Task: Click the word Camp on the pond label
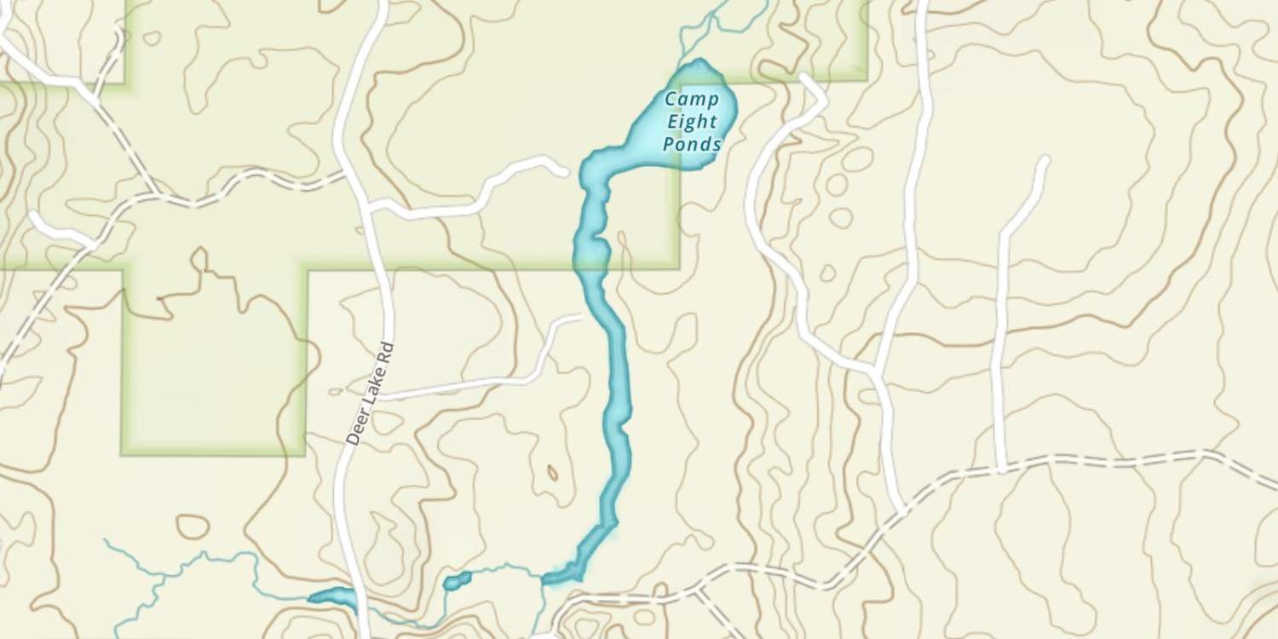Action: coord(691,98)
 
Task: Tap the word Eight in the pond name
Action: coord(691,121)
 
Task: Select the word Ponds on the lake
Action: coord(691,144)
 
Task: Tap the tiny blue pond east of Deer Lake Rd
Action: coord(457,582)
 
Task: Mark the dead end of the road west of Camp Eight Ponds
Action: coord(563,172)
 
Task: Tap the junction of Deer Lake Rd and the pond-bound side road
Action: coord(369,207)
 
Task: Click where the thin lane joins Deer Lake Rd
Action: coord(381,397)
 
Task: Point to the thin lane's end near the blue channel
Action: coord(579,317)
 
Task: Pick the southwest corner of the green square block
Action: coord(124,452)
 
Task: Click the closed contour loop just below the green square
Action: coord(193,527)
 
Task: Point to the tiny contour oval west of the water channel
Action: coord(552,473)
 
